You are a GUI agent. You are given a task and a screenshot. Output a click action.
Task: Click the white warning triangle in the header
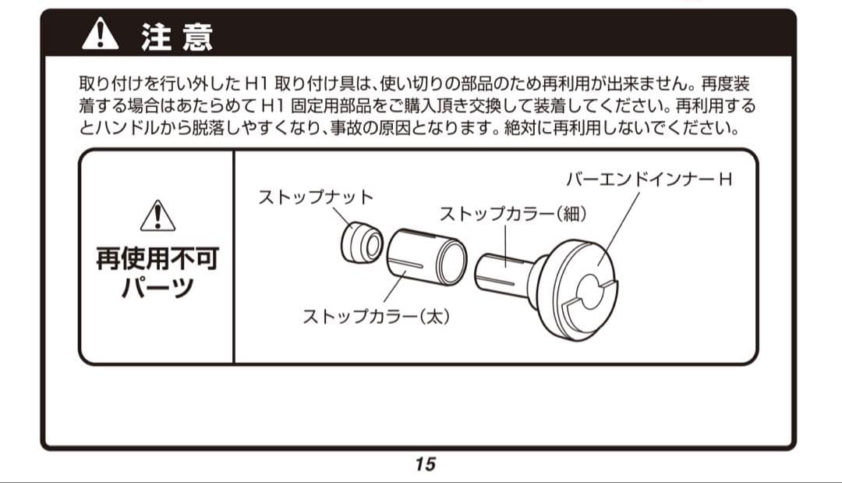pos(100,35)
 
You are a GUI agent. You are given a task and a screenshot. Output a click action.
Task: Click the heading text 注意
pos(177,37)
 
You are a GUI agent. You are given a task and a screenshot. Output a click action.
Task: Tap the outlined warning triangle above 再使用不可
pos(157,216)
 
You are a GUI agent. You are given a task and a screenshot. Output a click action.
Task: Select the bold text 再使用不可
pos(157,258)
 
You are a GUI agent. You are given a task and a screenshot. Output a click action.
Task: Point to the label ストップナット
pos(316,197)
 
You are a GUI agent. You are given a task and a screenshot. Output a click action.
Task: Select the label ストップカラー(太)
pos(377,317)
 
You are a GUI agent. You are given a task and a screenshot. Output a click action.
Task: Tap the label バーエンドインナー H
pos(649,180)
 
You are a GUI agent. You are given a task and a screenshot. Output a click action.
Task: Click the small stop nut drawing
pos(361,243)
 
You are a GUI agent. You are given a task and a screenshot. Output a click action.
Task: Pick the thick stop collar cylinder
pos(426,257)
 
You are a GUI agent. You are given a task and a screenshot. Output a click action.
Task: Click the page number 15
pos(425,464)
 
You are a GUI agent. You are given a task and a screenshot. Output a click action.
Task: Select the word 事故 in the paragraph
pos(462,127)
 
